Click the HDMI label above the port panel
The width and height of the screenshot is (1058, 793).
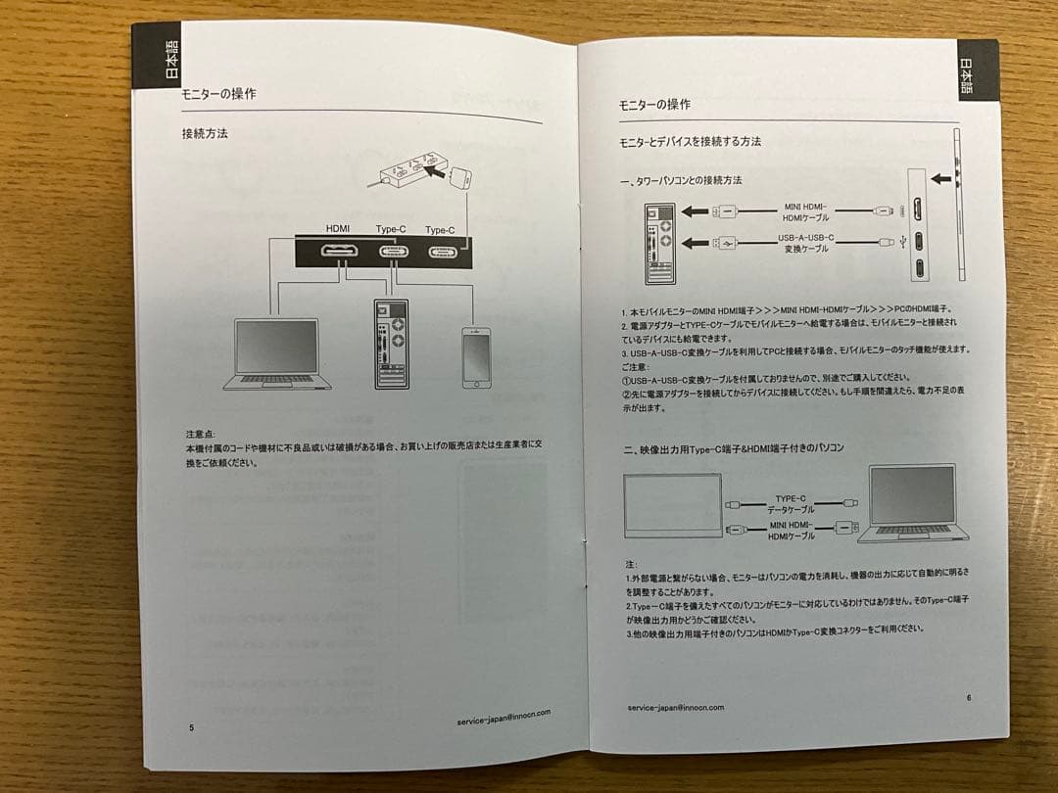pyautogui.click(x=338, y=229)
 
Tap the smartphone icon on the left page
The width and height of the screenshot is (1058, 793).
pyautogui.click(x=475, y=357)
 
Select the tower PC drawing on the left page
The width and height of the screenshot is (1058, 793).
pyautogui.click(x=391, y=344)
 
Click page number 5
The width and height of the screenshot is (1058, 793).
pyautogui.click(x=191, y=727)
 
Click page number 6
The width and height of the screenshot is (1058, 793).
pyautogui.click(x=968, y=697)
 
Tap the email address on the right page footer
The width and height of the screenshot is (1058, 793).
pyautogui.click(x=675, y=707)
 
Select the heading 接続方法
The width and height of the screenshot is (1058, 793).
pyautogui.click(x=205, y=134)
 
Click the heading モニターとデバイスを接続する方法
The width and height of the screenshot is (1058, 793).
pyautogui.click(x=690, y=142)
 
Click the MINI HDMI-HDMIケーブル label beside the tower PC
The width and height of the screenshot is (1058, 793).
pyautogui.click(x=806, y=212)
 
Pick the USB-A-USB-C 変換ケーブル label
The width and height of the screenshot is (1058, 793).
pyautogui.click(x=806, y=243)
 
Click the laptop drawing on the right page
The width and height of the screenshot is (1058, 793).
pyautogui.click(x=912, y=504)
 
